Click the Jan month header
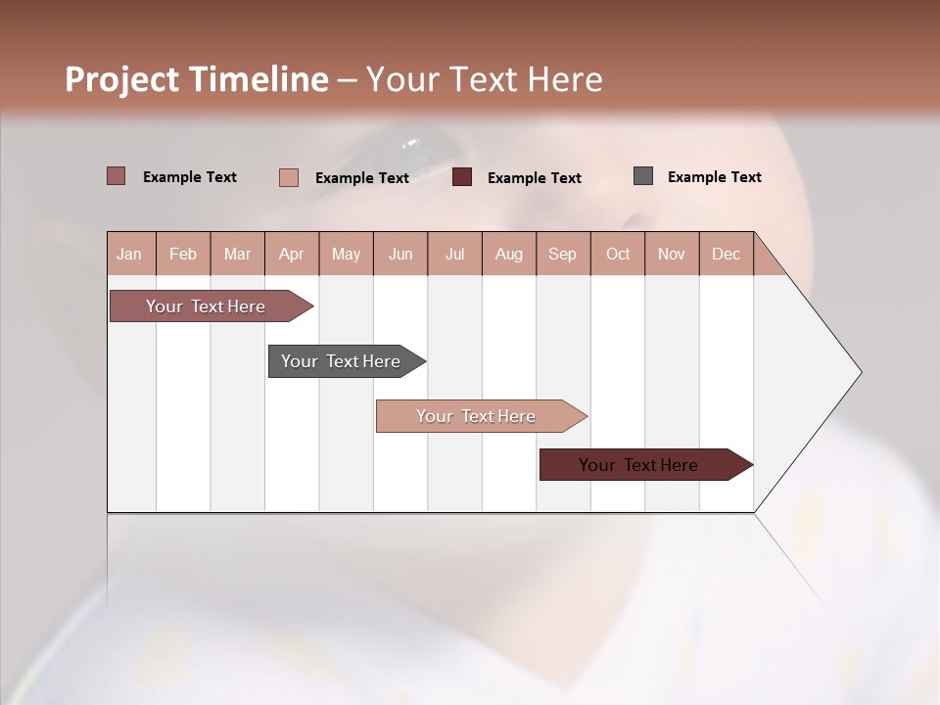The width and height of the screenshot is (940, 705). (x=129, y=254)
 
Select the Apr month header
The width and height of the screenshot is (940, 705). (x=291, y=254)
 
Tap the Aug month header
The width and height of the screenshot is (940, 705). (x=508, y=254)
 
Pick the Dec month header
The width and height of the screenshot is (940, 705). (x=726, y=254)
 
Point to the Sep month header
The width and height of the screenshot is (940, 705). (x=562, y=254)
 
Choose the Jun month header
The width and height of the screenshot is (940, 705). (x=400, y=254)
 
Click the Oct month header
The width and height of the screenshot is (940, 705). (x=618, y=254)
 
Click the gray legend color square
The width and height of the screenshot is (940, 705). (x=643, y=176)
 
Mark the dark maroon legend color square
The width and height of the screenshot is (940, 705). (x=462, y=177)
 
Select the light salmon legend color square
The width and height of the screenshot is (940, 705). (x=289, y=177)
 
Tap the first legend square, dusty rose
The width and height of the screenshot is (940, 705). (x=116, y=176)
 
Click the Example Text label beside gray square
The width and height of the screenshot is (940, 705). (x=714, y=177)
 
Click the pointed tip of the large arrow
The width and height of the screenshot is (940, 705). (x=859, y=372)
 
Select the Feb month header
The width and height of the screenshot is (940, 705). (x=183, y=254)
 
